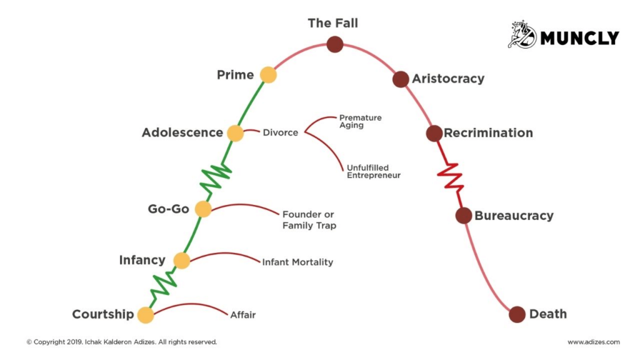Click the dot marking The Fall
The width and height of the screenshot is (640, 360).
335,44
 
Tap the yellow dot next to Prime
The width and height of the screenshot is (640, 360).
268,75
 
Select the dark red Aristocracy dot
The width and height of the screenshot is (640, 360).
401,79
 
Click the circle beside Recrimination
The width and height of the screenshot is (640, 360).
434,133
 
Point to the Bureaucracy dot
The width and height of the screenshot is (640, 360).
463,216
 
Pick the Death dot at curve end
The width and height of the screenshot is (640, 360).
517,314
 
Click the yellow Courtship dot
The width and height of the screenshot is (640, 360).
146,315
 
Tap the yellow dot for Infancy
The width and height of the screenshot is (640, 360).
182,261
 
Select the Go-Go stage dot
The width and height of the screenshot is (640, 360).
203,209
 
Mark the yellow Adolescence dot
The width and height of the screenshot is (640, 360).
235,133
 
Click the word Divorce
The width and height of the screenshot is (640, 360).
280,133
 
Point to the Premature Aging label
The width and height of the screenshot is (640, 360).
360,121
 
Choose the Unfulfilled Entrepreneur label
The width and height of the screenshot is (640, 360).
372,172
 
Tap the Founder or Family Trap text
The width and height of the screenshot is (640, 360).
309,219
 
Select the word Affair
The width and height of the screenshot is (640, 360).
242,315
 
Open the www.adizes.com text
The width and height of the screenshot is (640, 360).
594,342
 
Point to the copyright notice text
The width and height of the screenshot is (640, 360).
121,342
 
